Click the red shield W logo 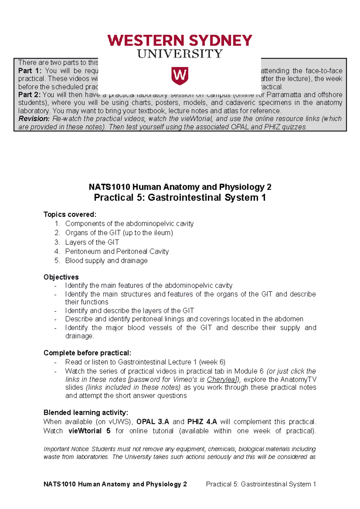[180, 76]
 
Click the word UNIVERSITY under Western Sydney [180, 54]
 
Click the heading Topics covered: [70, 214]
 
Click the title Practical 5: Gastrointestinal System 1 [180, 198]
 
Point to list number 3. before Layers [57, 242]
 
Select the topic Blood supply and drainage [106, 261]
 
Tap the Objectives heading [61, 277]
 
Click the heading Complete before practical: [87, 353]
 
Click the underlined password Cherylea [221, 380]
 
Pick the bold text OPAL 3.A [153, 422]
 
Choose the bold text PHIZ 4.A [202, 422]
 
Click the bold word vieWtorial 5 [89, 431]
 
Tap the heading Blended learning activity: [86, 412]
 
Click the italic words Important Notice [66, 449]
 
